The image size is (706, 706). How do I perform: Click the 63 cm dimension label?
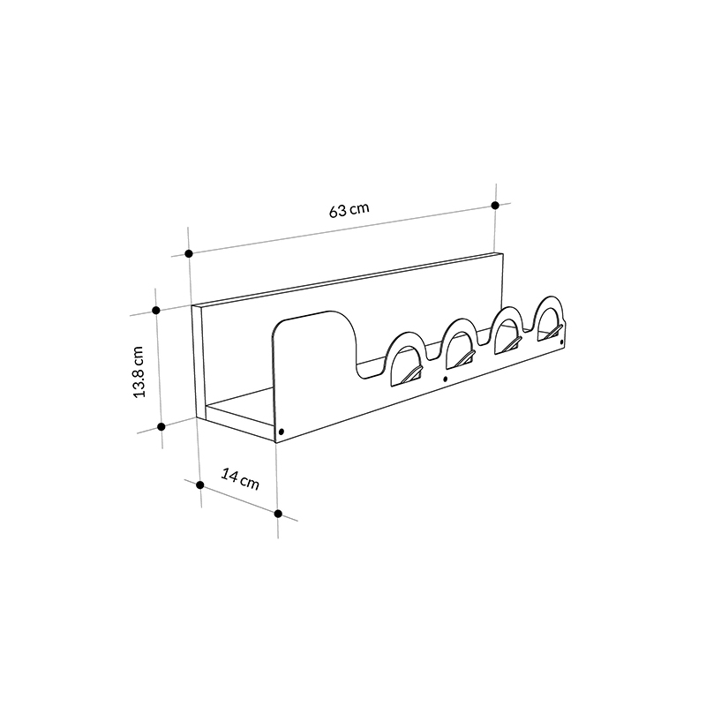[349, 210]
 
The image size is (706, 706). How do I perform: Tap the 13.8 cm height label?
[139, 372]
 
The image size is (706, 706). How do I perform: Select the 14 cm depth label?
[240, 478]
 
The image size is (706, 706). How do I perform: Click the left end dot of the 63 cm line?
[189, 253]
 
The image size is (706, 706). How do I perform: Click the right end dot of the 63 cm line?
[495, 206]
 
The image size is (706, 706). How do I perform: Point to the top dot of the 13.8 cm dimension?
[156, 311]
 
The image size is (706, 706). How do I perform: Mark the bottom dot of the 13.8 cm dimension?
[161, 426]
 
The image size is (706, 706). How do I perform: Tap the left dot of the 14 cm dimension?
[200, 484]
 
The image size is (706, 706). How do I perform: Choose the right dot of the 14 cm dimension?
[278, 514]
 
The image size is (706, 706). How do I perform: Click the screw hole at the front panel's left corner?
[282, 432]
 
